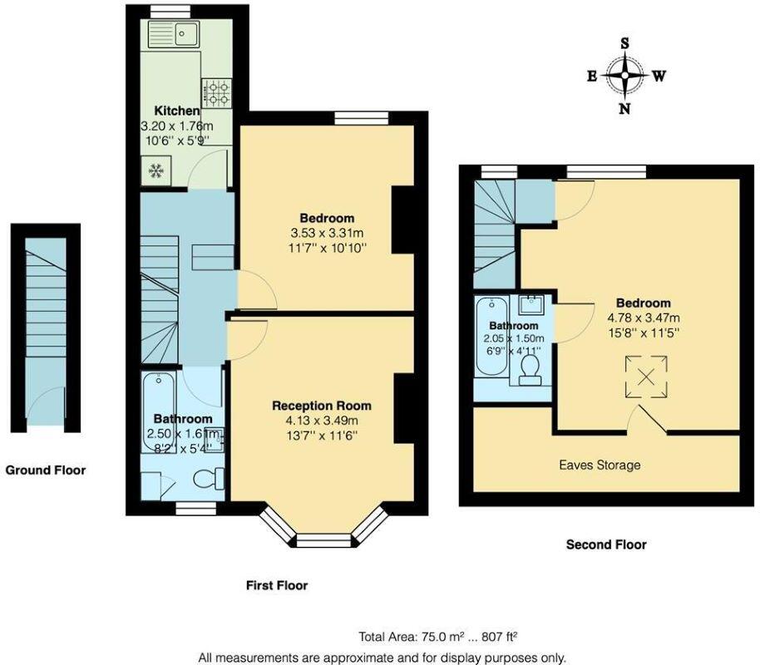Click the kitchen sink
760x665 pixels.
click(173, 35)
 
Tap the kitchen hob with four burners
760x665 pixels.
click(217, 92)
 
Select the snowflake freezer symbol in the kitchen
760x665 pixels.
click(155, 171)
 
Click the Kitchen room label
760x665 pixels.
click(176, 111)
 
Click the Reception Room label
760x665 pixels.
click(322, 406)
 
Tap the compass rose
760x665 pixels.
click(624, 76)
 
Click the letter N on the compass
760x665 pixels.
click(624, 108)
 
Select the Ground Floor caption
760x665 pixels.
click(46, 470)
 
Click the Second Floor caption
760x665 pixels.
click(606, 545)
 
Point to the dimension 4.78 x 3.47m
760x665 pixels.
click(643, 318)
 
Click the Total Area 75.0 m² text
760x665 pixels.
click(438, 638)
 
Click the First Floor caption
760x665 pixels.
click(277, 586)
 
